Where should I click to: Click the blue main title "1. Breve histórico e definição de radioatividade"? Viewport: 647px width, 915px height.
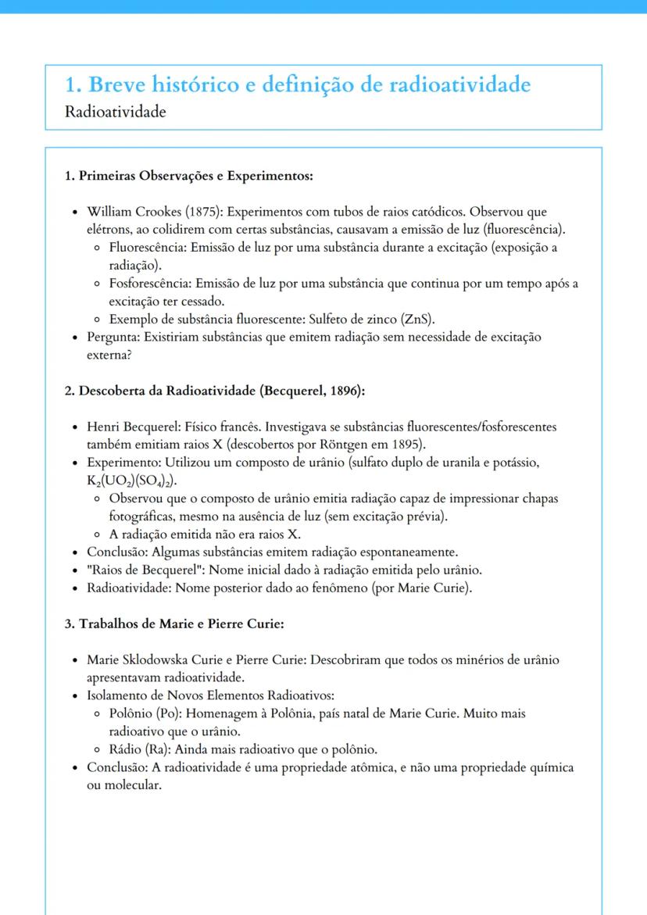[298, 84]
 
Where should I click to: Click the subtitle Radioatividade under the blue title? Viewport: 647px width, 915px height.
[116, 112]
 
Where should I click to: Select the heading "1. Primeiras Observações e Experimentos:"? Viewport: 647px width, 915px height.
[188, 176]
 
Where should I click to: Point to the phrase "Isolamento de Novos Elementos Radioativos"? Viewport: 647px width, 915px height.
[211, 695]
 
